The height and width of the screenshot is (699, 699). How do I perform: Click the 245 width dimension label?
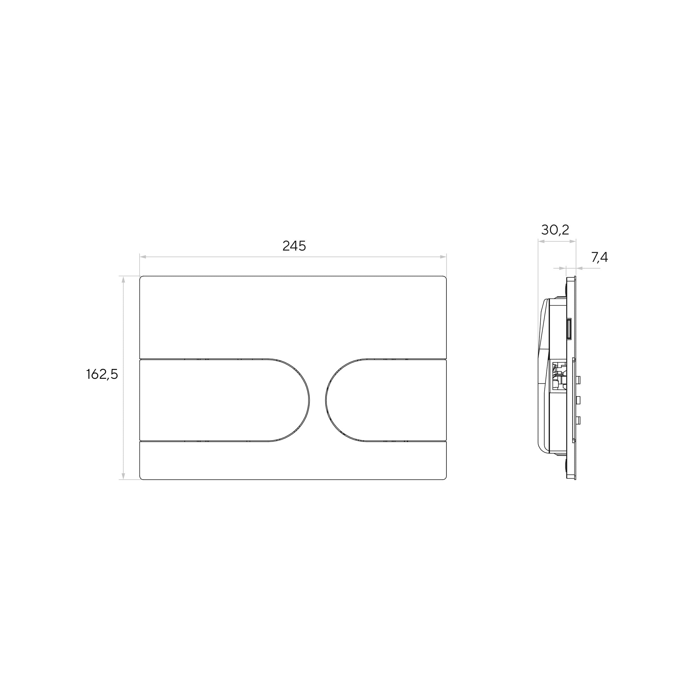[294, 246]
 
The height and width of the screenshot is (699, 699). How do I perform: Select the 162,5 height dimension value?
[102, 375]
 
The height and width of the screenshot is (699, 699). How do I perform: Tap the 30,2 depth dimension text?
[555, 229]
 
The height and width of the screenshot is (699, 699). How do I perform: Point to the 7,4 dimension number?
[600, 257]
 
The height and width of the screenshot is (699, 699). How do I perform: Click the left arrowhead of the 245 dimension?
[143, 257]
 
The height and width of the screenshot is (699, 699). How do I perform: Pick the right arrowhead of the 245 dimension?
[443, 257]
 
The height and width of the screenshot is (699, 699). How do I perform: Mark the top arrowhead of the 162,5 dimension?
[123, 280]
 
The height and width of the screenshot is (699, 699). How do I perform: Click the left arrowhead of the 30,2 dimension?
[542, 241]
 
